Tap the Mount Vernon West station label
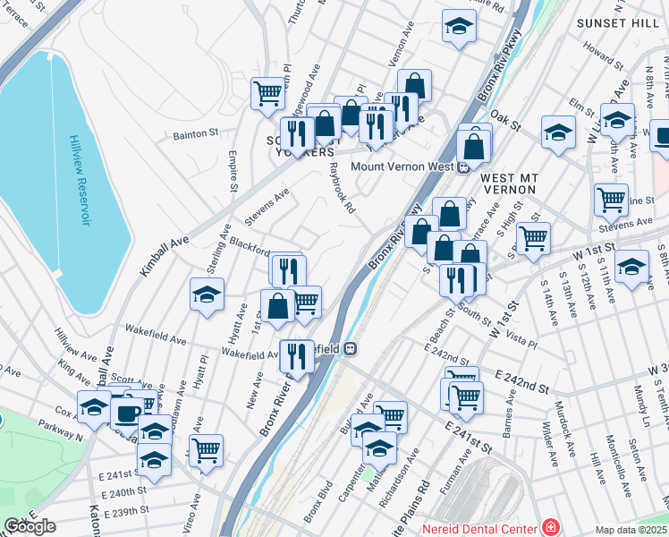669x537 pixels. (402, 166)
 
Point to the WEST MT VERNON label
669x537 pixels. (508, 183)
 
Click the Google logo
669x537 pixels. (30, 526)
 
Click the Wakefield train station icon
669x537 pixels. (351, 347)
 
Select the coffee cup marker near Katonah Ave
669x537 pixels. (127, 413)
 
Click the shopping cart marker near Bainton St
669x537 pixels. (268, 92)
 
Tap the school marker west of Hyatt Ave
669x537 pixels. (207, 294)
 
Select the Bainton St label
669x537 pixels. (194, 133)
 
